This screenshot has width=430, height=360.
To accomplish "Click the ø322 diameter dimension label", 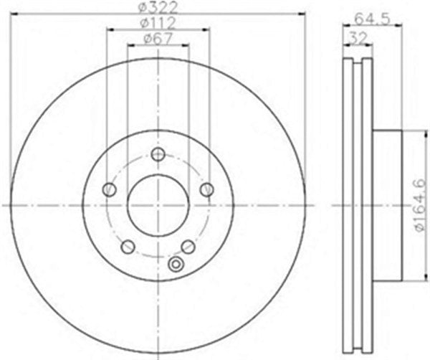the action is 158,8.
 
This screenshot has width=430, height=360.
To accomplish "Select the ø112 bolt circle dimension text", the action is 158,23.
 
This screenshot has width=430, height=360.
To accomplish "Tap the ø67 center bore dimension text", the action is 158,39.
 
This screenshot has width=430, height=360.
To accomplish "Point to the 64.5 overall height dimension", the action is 372,19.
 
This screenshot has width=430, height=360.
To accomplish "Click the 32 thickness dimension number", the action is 358,39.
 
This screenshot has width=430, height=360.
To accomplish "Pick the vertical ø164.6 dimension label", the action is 421,205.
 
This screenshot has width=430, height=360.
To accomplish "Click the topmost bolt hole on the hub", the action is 158,154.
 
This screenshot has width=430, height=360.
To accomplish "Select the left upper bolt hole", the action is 110,189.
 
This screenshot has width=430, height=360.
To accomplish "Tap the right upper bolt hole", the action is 207,189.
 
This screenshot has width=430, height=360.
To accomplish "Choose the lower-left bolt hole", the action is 128,247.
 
